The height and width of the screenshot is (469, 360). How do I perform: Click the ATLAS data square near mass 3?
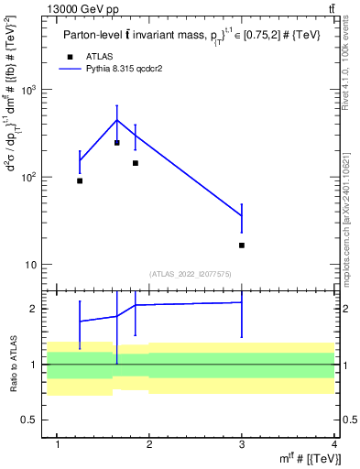click(x=242, y=245)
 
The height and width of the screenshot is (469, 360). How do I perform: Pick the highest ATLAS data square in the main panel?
click(x=117, y=143)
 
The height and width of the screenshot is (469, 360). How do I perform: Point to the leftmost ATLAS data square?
click(x=80, y=180)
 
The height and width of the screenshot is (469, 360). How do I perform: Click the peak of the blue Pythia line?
click(x=117, y=120)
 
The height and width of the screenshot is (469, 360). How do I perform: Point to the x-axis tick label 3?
click(x=242, y=444)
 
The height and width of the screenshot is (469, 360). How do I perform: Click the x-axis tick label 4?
click(x=334, y=444)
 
